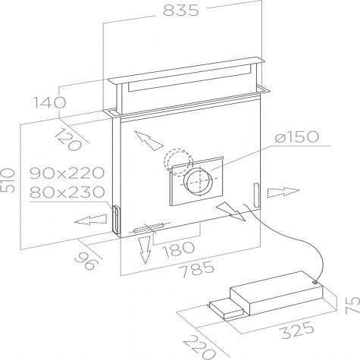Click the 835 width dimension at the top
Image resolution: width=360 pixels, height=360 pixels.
(181, 11)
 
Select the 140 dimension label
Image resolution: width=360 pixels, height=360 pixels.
(49, 102)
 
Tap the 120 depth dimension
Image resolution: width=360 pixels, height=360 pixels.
(68, 139)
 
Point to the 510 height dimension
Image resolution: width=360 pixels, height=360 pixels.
(8, 180)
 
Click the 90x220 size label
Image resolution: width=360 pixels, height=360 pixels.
(67, 173)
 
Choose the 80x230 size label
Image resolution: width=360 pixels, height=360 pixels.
(67, 192)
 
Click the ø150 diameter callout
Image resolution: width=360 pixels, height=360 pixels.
(297, 136)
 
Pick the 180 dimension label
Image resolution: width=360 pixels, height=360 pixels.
(179, 249)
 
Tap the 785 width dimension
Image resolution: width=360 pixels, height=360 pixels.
(198, 269)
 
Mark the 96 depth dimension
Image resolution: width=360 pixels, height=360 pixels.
(86, 261)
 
